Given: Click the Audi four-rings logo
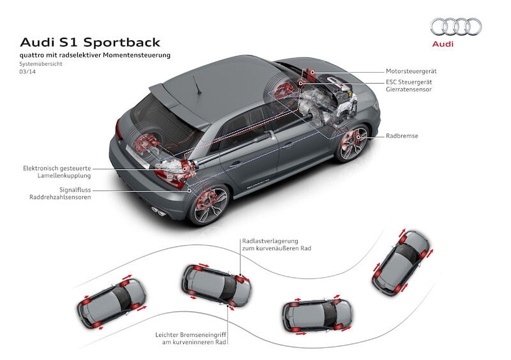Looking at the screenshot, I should tap(455, 26).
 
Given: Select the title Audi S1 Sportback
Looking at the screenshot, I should tap(90, 42).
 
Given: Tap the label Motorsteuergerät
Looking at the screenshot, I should tap(411, 71).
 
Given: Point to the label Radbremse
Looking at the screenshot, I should tap(402, 136).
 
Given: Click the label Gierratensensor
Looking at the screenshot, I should tap(409, 90).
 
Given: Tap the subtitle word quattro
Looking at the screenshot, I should tap(33, 56).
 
